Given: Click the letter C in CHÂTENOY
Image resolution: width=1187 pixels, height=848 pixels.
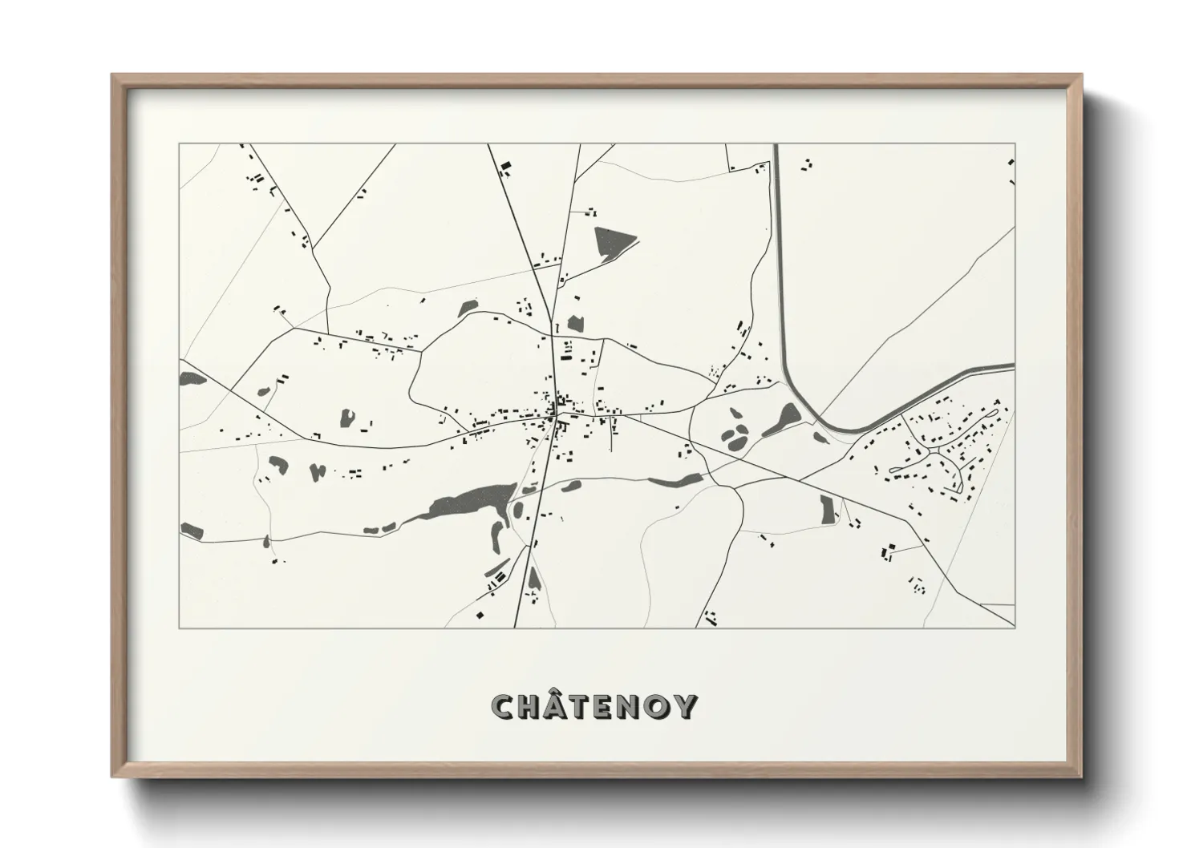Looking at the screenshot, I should (x=504, y=706).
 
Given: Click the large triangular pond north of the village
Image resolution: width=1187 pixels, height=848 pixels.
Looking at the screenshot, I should (x=611, y=241).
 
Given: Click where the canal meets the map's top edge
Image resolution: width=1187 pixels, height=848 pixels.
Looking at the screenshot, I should (x=776, y=146).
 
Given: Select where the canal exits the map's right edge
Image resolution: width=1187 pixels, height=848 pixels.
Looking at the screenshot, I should (x=1013, y=368).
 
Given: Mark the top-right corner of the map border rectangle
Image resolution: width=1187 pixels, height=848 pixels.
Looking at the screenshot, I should (x=1015, y=144).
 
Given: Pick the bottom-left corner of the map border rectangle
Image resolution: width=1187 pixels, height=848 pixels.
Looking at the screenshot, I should (x=180, y=628).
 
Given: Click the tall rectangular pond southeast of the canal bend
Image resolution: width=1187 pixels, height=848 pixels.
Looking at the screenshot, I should (x=827, y=507).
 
